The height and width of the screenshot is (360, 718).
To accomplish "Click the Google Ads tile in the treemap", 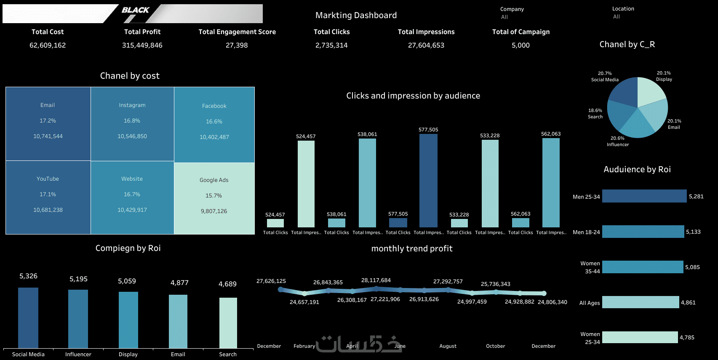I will coord(214,198).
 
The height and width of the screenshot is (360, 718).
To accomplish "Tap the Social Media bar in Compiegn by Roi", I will coord(28,318).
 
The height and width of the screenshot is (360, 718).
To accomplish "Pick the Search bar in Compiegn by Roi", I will coord(228,323).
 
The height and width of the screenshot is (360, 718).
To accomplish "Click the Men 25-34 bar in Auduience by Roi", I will coord(644,196).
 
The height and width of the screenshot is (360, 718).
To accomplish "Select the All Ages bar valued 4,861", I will coord(640,302).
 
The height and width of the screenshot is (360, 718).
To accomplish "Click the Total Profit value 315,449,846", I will coord(142,45).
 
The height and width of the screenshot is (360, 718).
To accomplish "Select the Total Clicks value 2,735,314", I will coord(331,45).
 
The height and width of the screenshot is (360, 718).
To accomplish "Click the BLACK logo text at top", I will coord(135,10).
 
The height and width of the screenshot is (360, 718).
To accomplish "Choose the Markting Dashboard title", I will coord(356,15).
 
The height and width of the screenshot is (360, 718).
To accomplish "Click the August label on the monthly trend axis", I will coord(448,346).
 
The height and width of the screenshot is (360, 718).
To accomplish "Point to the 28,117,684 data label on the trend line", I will coord(376,280).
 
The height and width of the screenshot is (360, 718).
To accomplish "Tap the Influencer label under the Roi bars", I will coord(78,355).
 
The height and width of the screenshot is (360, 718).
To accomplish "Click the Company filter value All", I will coord(504,17).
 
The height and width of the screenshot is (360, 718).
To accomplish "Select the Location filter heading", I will coord(623,8).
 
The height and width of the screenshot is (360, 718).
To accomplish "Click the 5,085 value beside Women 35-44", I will coord(692,267).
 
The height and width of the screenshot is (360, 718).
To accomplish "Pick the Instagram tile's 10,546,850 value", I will coord(132,136).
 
